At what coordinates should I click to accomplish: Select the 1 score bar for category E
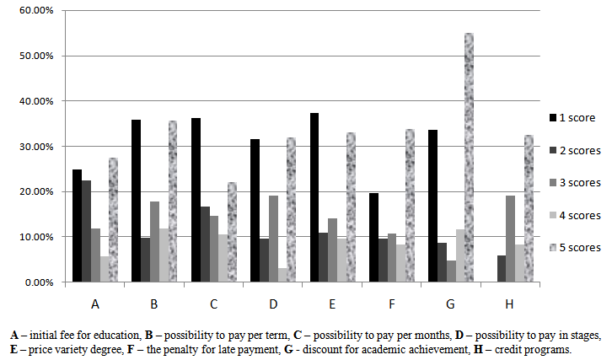[314, 197]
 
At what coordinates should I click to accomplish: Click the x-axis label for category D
[272, 302]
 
